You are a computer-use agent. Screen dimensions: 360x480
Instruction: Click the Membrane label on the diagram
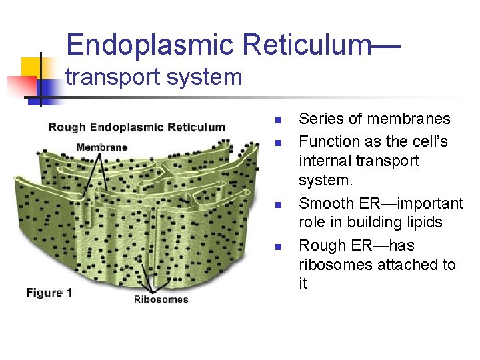pyautogui.click(x=102, y=147)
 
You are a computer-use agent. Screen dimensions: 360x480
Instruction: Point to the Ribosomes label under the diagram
pyautogui.click(x=161, y=299)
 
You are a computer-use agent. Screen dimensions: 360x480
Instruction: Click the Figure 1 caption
pyautogui.click(x=49, y=292)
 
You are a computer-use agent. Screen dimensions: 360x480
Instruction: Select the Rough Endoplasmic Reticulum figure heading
pyautogui.click(x=137, y=127)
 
